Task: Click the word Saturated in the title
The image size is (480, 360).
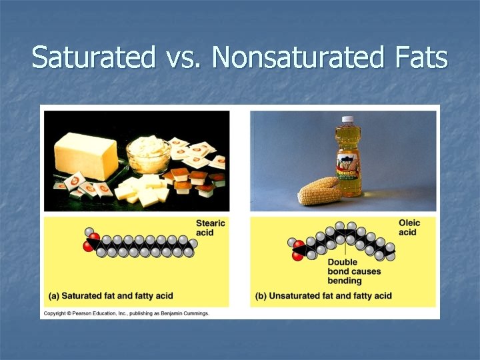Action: (93, 58)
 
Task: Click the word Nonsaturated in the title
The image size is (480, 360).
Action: (296, 58)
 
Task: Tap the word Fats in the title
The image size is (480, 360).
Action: (420, 58)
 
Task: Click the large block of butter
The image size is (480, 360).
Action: (86, 155)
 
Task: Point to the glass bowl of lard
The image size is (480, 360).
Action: (150, 155)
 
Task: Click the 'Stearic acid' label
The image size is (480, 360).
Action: (211, 228)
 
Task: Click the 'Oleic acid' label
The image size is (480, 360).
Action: (408, 227)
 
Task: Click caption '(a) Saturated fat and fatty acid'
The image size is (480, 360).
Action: (110, 295)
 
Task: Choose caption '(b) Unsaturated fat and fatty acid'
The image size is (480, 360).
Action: (323, 295)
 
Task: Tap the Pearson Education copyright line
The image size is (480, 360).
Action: (127, 313)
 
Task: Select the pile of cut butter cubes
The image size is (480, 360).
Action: (142, 189)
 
